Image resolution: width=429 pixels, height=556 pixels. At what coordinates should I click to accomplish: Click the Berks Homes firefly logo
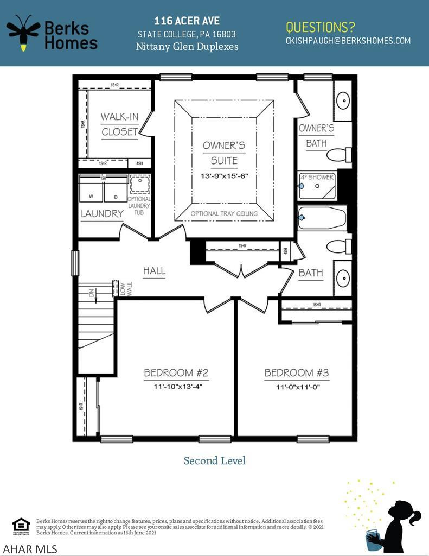[23, 33]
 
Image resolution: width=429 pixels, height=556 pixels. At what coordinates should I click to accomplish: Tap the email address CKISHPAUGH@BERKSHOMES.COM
[348, 41]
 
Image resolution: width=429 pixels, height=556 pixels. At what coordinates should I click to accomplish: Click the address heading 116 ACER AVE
[187, 21]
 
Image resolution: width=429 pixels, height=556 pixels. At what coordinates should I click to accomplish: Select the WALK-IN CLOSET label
[119, 124]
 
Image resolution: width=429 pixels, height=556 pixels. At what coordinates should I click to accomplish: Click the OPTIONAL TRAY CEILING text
[224, 213]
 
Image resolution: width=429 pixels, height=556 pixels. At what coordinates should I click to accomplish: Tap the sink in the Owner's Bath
[343, 101]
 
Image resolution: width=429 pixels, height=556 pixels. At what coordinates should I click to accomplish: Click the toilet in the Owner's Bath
[339, 155]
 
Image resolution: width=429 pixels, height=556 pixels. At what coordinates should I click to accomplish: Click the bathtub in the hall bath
[322, 218]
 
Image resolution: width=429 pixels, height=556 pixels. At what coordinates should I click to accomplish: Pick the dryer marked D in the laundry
[115, 193]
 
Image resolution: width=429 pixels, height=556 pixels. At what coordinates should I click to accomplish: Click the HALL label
[154, 270]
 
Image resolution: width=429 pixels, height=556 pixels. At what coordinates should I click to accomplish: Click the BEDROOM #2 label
[176, 373]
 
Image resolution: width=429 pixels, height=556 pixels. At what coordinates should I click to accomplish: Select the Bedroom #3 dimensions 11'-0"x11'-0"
[297, 387]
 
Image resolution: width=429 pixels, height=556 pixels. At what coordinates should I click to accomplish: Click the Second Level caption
[214, 460]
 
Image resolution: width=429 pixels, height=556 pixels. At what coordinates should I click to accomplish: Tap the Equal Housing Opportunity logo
[21, 526]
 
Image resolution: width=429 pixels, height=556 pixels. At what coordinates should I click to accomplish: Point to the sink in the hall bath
[343, 277]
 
